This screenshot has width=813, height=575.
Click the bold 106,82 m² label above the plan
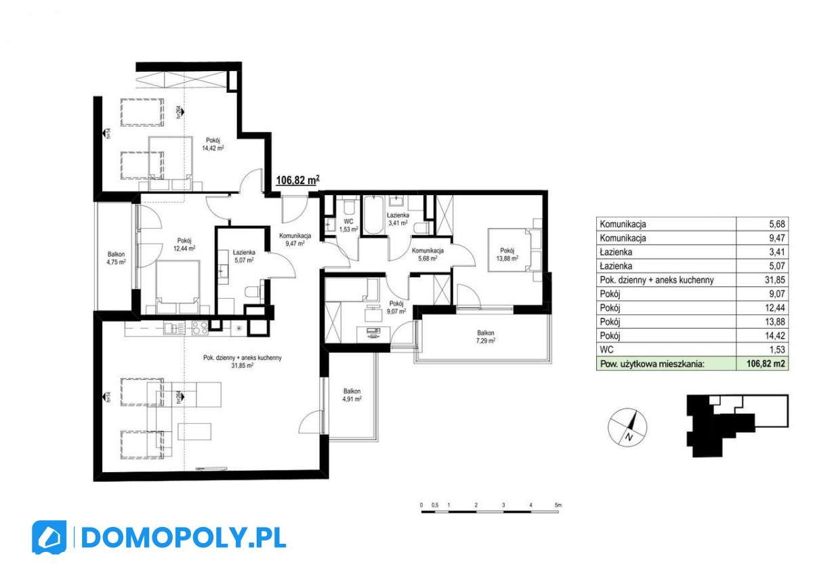click(x=297, y=180)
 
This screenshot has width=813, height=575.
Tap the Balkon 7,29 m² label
click(x=485, y=337)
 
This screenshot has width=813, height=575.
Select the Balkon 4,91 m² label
click(x=351, y=395)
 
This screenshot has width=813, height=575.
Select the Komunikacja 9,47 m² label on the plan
click(x=294, y=239)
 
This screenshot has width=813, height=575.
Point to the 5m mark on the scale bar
click(x=558, y=506)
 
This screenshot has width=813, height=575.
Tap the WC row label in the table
click(x=607, y=349)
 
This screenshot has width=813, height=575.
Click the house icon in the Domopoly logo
click(x=49, y=538)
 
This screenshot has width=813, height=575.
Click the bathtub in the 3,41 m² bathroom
click(x=373, y=216)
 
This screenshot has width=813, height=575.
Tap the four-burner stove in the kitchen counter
click(x=199, y=328)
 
